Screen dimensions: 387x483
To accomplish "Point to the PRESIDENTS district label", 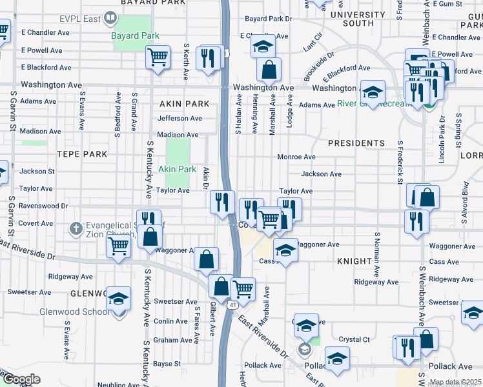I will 356,143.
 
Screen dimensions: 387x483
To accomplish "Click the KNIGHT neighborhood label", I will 354,261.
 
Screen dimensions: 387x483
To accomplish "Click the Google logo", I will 21,379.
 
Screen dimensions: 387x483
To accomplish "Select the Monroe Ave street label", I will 296,157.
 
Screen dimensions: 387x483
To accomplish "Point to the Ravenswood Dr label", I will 43,206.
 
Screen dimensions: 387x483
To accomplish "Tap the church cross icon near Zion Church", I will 76,228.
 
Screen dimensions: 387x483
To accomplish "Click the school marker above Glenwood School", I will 118,299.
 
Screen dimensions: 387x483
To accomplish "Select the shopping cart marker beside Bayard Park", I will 158,57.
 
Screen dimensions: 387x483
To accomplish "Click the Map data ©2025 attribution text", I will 455,382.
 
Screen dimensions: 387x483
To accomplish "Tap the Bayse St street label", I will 167,364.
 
